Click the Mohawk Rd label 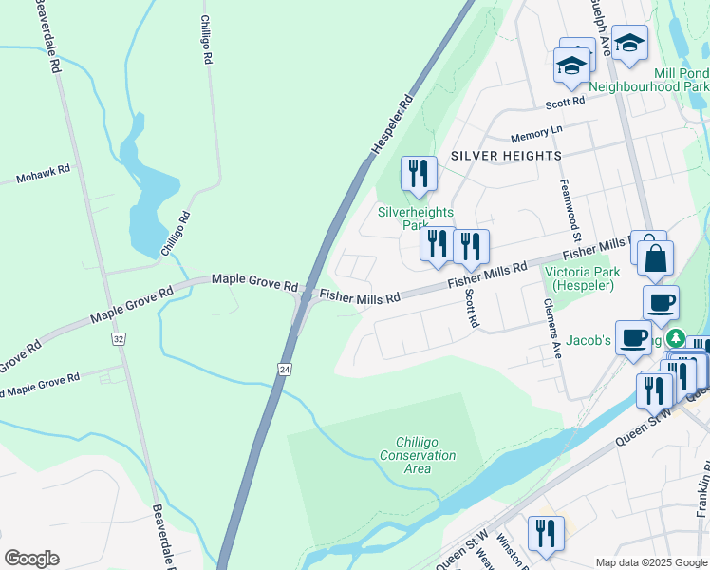tap(44, 174)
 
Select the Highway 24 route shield tap(284, 367)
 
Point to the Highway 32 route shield tap(118, 338)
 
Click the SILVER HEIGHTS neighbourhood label tap(506, 155)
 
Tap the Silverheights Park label tap(416, 218)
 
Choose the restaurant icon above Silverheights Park tap(419, 174)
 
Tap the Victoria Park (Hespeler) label tap(581, 278)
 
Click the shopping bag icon tap(655, 257)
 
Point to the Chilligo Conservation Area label tap(425, 448)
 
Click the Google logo tap(31, 559)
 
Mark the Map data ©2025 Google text tap(650, 562)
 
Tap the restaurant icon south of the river tap(545, 534)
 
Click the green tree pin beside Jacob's tap(676, 338)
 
